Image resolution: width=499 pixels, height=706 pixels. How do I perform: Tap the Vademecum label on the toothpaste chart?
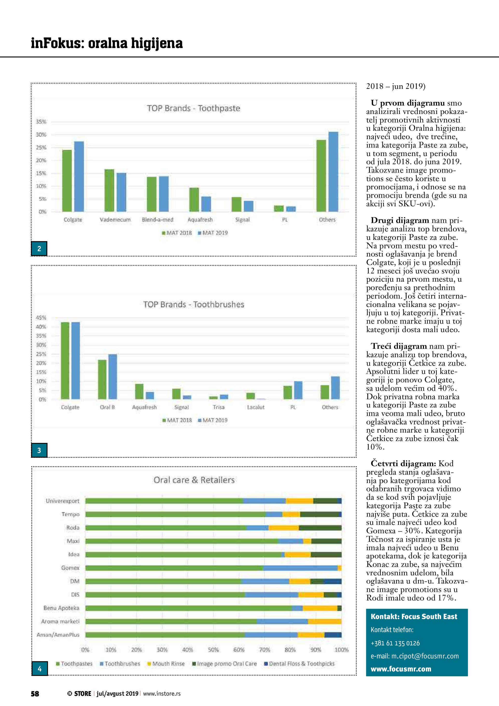tap(115, 220)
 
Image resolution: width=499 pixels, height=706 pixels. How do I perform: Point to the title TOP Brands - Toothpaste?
tap(193, 108)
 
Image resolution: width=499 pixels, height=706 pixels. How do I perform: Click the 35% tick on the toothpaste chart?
tap(41, 122)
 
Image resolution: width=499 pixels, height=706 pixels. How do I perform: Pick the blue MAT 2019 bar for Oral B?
tap(113, 377)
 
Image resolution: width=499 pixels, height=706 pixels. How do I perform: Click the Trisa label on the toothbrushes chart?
tap(218, 407)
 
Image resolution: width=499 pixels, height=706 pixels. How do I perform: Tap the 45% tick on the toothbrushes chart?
tap(41, 318)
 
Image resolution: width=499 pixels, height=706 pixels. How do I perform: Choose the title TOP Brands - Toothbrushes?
tap(194, 304)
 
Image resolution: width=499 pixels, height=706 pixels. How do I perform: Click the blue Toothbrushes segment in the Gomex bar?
tap(300, 568)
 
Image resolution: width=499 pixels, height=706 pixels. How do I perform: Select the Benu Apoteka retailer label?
tap(62, 608)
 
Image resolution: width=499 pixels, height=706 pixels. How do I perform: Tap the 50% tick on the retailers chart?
tap(213, 650)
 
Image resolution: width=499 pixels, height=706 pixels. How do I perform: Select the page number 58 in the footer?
tap(35, 693)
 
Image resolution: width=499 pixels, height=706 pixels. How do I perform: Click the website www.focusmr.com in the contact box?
tap(401, 669)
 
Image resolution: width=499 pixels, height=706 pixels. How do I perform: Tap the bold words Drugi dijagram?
tap(400, 221)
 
